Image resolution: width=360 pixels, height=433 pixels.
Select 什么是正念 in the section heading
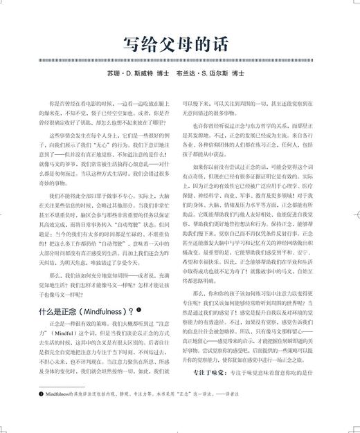60,312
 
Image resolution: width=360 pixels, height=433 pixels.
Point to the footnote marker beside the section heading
138,309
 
